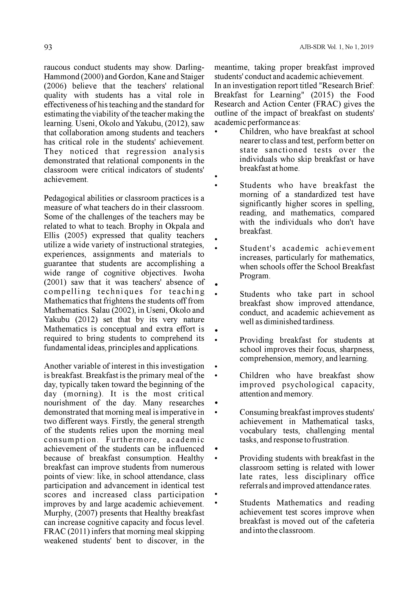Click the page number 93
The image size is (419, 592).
[x=48, y=47]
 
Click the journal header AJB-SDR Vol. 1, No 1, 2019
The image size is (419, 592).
[x=336, y=47]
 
